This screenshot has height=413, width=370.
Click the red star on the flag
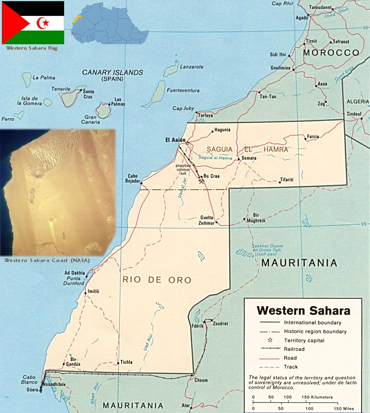pyautogui.click(x=46, y=23)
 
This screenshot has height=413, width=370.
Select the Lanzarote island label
pyautogui.click(x=191, y=67)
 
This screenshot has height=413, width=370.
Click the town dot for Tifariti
pyautogui.click(x=279, y=182)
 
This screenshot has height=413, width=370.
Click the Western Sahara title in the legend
pyautogui.click(x=303, y=311)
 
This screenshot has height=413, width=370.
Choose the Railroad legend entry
pyautogui.click(x=294, y=349)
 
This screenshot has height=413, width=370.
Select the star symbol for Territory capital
pyautogui.click(x=270, y=340)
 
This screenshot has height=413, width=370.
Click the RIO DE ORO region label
pyautogui.click(x=157, y=280)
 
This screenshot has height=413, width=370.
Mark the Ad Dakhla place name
pyautogui.click(x=75, y=273)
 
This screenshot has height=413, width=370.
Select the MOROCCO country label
pyautogui.click(x=331, y=53)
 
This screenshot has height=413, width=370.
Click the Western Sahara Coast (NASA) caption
pyautogui.click(x=47, y=260)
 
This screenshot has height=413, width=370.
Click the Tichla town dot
pyautogui.click(x=118, y=363)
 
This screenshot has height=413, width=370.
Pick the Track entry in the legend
pyautogui.click(x=291, y=367)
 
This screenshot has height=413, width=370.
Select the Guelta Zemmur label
pyautogui.click(x=206, y=220)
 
